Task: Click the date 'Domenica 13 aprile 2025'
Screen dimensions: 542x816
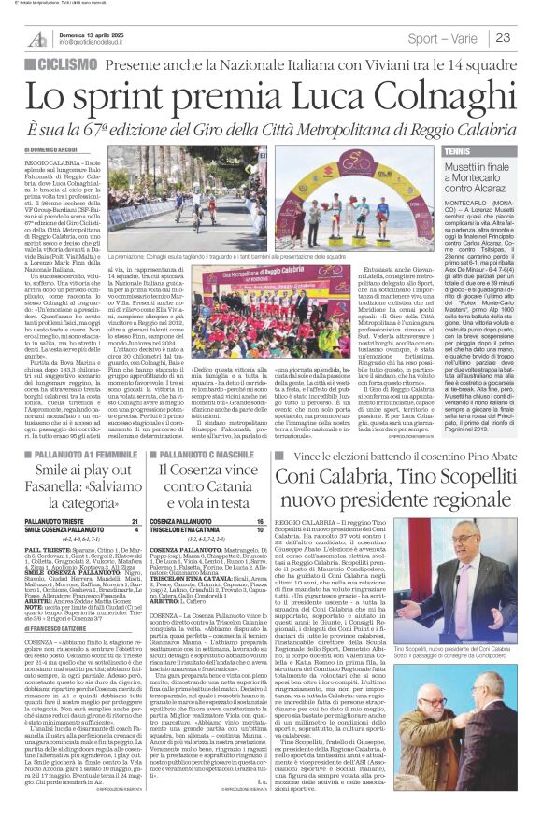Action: click(x=89, y=32)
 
